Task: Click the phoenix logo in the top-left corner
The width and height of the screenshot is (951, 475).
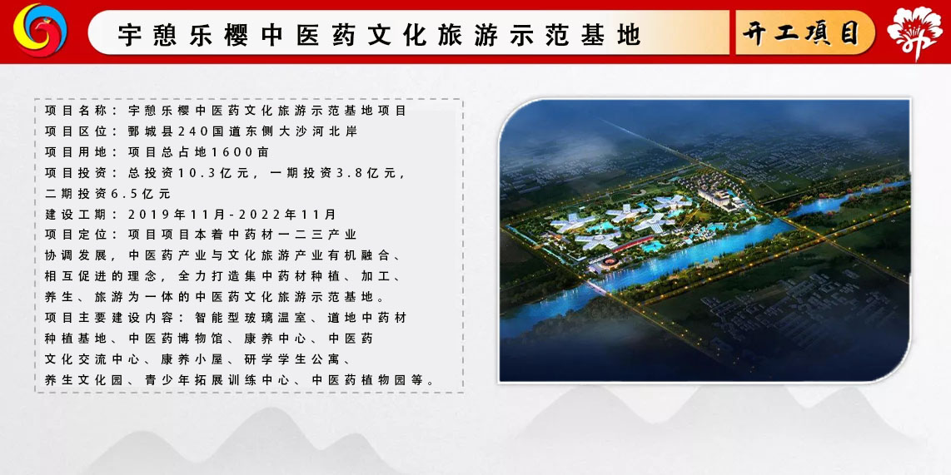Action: coord(40,30)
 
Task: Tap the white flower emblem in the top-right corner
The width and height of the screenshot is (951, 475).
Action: coord(914,32)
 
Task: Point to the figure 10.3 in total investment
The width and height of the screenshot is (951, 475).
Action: coord(192,173)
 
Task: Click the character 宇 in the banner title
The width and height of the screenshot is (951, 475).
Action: coord(128,35)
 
